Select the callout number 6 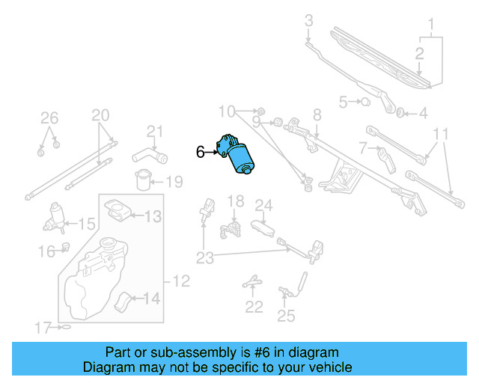200,152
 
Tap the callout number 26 49,117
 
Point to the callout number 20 100,115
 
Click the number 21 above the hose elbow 154,132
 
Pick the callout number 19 174,182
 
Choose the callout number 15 87,223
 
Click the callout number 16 46,253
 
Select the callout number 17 44,327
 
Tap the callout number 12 181,282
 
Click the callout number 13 153,217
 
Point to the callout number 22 254,307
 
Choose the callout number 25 286,316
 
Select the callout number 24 263,205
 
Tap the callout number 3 308,20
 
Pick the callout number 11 441,135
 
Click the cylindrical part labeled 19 142,180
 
